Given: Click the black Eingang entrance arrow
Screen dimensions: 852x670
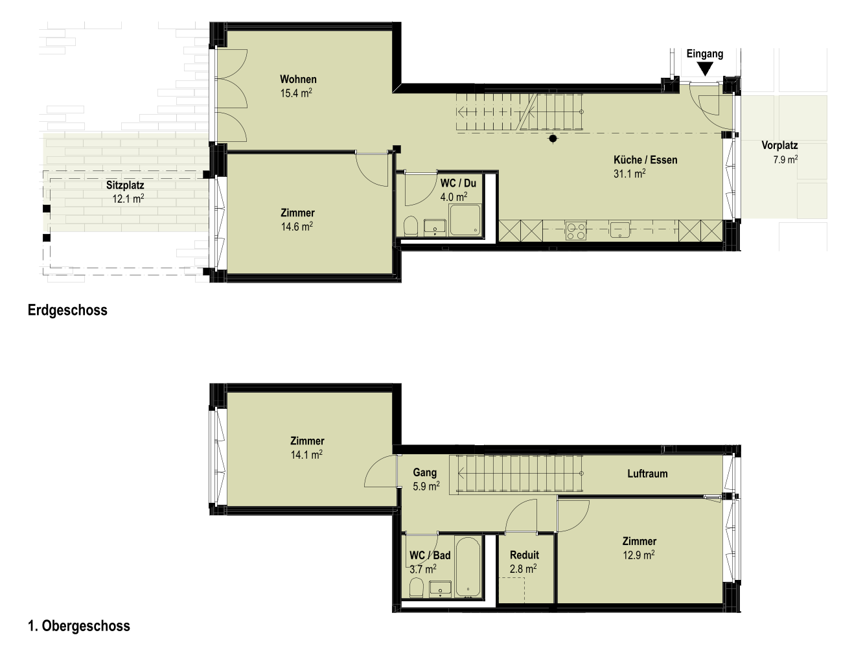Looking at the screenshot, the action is [705, 69].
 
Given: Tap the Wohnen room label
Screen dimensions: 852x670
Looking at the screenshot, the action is [298, 79].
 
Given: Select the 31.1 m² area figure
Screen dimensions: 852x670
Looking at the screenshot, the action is [630, 174].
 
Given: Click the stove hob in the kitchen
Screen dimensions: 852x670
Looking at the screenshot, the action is [575, 231].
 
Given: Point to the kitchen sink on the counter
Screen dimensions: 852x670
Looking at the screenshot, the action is [619, 229].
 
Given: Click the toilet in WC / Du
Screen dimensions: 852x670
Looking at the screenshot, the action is [411, 226].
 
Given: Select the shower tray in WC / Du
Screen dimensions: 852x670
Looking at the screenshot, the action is [465, 220].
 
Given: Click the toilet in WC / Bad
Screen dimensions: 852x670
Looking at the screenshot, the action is [416, 587].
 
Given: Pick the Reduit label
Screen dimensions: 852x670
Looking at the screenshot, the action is [524, 555].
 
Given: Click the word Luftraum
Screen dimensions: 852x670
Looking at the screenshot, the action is [647, 474].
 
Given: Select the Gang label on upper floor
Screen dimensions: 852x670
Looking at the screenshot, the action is [425, 472].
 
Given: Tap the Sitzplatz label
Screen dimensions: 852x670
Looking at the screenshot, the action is [125, 185].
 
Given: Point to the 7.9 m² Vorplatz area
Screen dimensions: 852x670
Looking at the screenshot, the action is [785, 159].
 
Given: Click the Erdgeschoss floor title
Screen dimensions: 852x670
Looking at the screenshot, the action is [67, 310].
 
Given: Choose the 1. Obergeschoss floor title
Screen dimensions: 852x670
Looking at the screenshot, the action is [79, 626].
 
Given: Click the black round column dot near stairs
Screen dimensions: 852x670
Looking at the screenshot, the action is [553, 139].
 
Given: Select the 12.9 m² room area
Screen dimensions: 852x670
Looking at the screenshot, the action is [639, 555].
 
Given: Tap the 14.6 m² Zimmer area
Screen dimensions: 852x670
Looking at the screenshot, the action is [297, 227].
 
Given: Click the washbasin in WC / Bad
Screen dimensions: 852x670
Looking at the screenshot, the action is [440, 589].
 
